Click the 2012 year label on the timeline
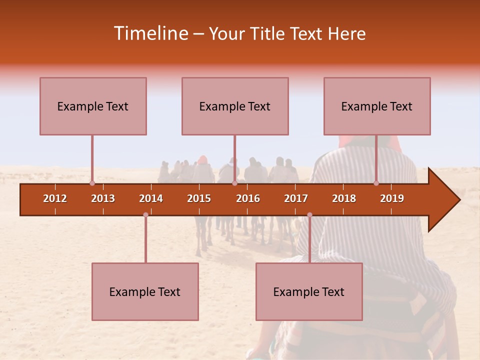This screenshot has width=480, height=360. [x=55, y=198]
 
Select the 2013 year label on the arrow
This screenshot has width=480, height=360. [x=103, y=198]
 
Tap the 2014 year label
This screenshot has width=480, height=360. [x=151, y=198]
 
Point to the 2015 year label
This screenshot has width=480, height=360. [x=199, y=198]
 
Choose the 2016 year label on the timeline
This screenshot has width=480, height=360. [x=248, y=198]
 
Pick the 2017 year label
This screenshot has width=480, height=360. [x=296, y=198]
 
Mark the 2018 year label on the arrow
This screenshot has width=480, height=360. [x=344, y=198]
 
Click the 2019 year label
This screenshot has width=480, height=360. [x=392, y=198]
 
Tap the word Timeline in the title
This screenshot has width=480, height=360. [x=150, y=33]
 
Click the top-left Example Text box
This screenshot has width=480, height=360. [x=93, y=106]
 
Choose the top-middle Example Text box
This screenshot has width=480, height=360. [x=235, y=106]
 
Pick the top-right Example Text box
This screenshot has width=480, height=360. [x=377, y=106]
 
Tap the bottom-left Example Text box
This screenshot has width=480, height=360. [x=145, y=291]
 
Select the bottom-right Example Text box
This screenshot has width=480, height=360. [x=309, y=291]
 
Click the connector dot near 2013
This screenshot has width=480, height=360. [x=92, y=183]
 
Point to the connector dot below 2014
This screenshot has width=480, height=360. [x=145, y=215]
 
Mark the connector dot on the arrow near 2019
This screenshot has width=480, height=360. [x=376, y=183]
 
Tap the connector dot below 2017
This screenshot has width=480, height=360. [x=309, y=215]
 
